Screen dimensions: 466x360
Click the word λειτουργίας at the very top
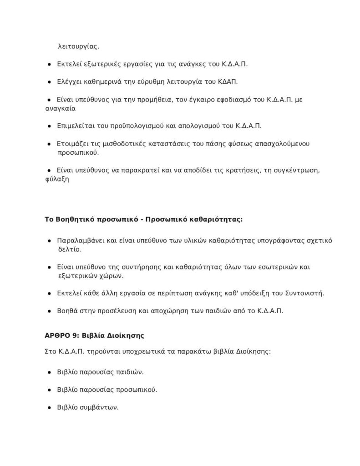pyautogui.click(x=78, y=46)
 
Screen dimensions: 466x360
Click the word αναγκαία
pyautogui.click(x=58, y=109)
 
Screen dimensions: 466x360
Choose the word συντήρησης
pyautogui.click(x=130, y=267)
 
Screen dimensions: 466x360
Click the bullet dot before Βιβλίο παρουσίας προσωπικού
pyautogui.click(x=49, y=390)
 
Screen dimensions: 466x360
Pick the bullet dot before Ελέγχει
pyautogui.click(x=49, y=82)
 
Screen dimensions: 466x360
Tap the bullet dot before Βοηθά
pyautogui.click(x=49, y=311)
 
